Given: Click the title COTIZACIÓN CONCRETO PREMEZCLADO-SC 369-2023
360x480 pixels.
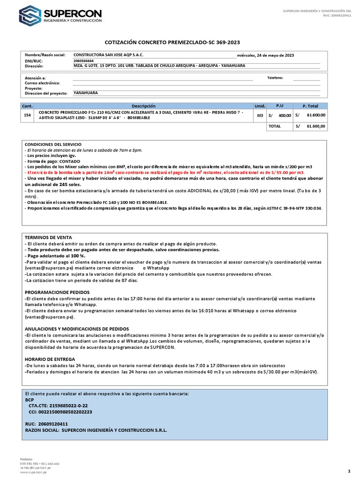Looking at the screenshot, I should coord(180,42).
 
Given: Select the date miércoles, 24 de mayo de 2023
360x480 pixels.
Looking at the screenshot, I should coord(266,55).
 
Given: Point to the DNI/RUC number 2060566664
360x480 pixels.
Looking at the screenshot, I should coord(84,61).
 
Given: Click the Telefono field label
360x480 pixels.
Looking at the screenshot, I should coord(275,77).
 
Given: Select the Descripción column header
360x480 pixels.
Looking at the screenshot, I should coord(143,106).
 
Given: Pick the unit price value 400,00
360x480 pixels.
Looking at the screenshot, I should coord(285,115).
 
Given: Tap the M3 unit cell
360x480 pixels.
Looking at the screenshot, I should coord(259,115).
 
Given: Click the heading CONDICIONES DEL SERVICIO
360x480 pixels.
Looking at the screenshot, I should coord(53,144).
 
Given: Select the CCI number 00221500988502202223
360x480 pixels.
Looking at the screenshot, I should coord(60,412).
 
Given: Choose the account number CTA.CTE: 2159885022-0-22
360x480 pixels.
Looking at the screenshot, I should coord(58,406).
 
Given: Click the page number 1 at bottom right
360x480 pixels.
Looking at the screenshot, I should coord(349,471).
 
